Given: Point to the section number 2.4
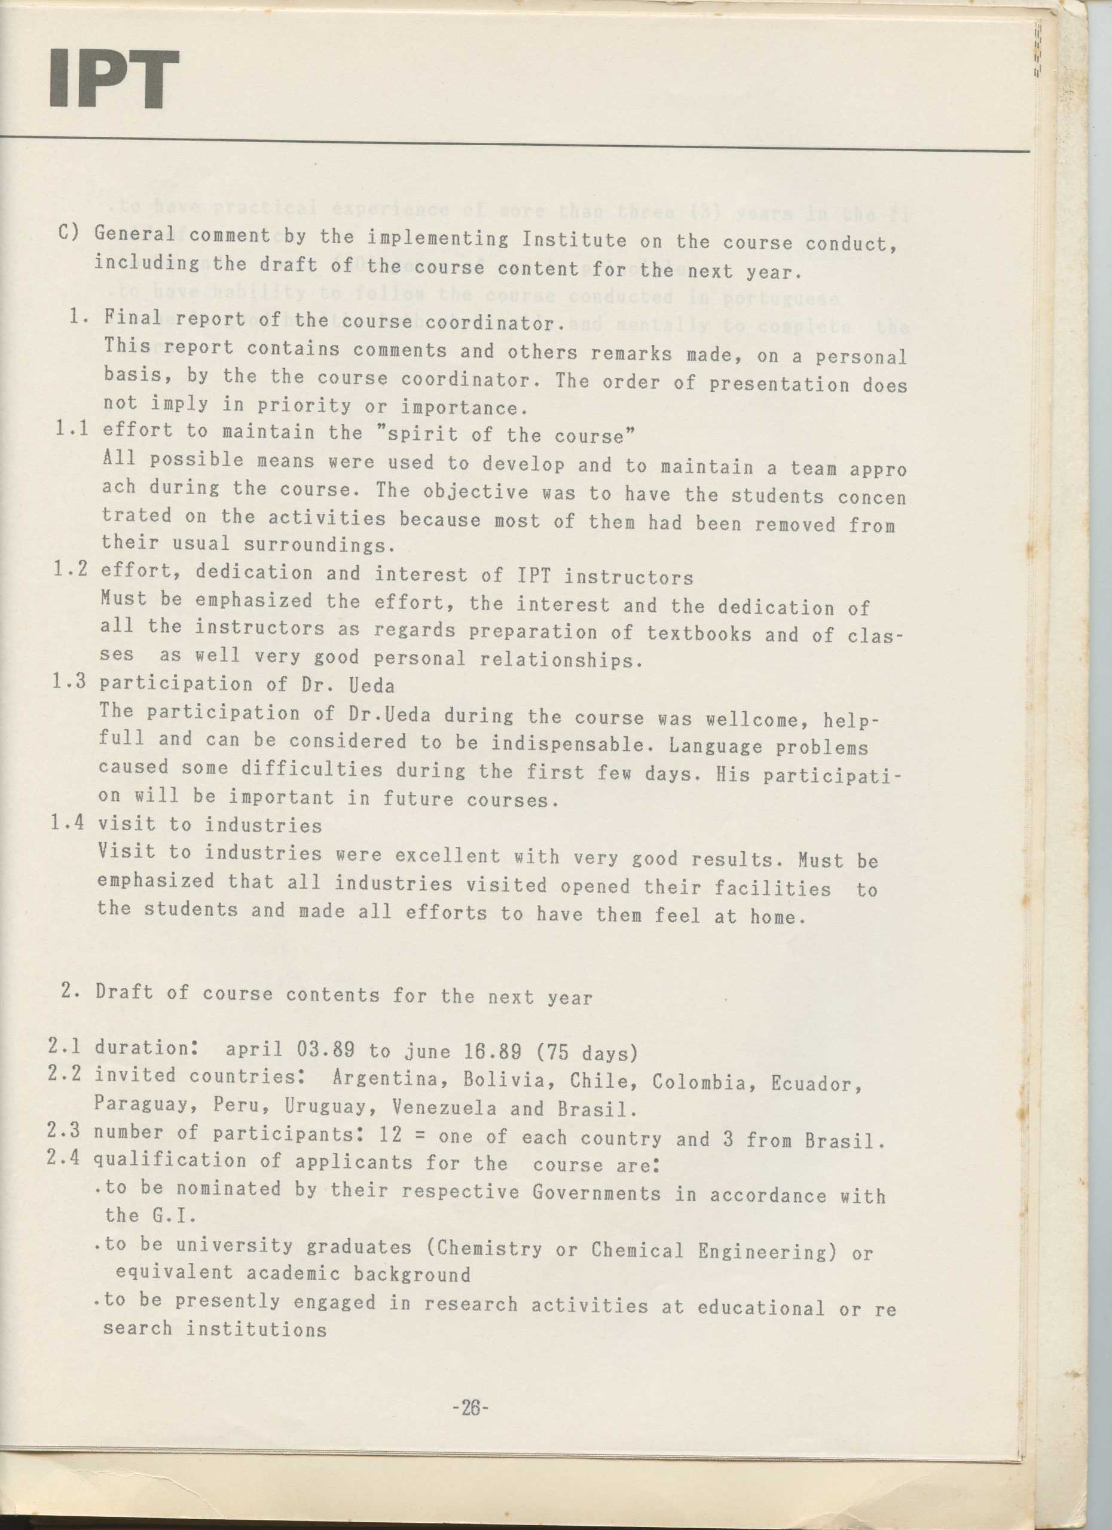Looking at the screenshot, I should tap(65, 1159).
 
